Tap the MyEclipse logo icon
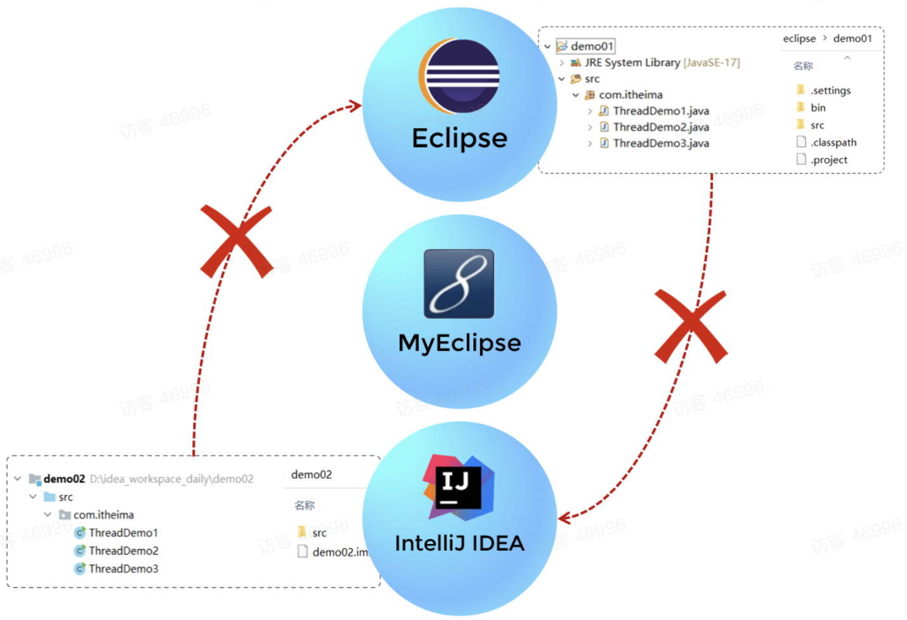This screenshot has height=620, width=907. coord(459,283)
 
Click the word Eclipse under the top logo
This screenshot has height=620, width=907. coord(459,138)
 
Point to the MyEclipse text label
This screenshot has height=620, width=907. coord(459,343)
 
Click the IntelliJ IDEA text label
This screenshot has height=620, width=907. coord(459,543)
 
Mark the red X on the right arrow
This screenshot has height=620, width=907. coord(691,326)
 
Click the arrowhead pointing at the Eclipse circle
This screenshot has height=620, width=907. coord(355,106)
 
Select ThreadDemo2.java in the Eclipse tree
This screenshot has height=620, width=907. coord(661,127)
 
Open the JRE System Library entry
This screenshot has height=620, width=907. coord(662,63)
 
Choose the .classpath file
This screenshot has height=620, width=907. coord(833,143)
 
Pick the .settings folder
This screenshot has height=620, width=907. coord(830,91)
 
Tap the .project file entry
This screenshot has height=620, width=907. coord(828,160)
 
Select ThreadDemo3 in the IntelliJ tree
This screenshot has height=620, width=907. coord(123,569)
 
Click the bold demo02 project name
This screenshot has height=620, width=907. coord(64,479)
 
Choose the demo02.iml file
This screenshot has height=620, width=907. coord(339,552)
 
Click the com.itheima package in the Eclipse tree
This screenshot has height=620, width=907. coord(630,95)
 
